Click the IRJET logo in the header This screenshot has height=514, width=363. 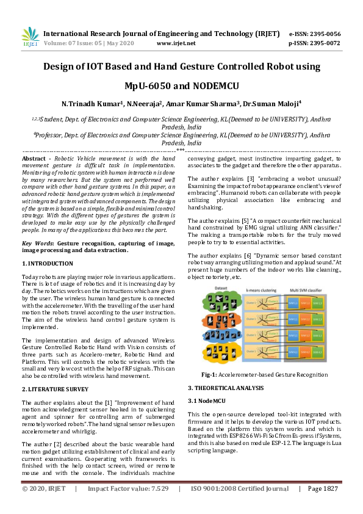[30, 37]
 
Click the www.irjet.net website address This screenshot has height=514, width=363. [176, 43]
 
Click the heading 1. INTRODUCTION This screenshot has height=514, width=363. [48, 263]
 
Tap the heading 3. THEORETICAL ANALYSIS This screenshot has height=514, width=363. [226, 388]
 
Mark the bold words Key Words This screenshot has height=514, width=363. [36, 244]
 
